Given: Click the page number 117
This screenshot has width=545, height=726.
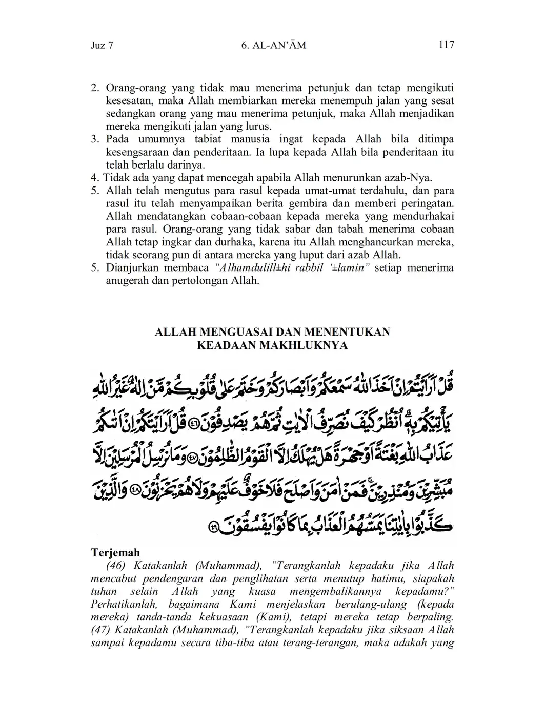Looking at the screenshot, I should pyautogui.click(x=446, y=45).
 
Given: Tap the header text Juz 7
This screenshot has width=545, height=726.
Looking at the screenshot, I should pyautogui.click(x=102, y=45).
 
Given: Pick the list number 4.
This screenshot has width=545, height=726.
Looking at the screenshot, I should pyautogui.click(x=94, y=178).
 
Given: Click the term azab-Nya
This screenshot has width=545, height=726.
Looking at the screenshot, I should pyautogui.click(x=408, y=178).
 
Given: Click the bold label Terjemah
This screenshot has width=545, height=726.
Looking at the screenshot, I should pyautogui.click(x=115, y=553).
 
